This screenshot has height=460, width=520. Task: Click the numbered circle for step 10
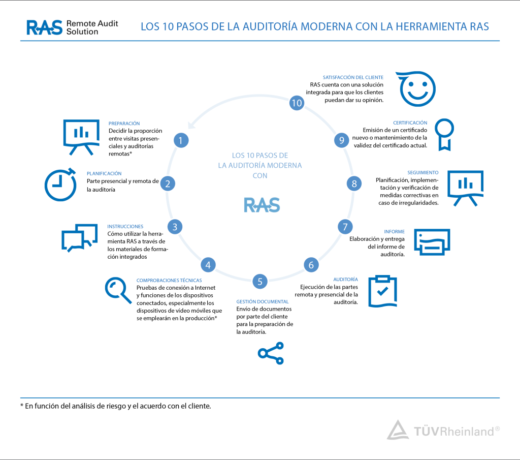pos(297,103)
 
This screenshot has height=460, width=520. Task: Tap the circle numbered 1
pos(181,140)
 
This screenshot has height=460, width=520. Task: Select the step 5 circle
pos(260,282)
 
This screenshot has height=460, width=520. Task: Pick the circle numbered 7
pos(345,227)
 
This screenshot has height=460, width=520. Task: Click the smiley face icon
pos(416,88)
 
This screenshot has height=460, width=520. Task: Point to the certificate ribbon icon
pos(444,134)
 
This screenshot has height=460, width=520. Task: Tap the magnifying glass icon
pos(118,290)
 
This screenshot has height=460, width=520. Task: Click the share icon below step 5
pos(271,353)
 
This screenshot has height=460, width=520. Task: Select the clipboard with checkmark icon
pos(383,291)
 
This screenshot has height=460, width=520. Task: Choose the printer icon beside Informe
pos(432,242)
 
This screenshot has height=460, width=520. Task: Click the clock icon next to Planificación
pos(60,185)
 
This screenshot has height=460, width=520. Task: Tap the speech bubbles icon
pos(80,238)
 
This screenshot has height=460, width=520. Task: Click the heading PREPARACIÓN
pos(124,124)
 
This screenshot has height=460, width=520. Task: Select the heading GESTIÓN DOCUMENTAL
pos(263,302)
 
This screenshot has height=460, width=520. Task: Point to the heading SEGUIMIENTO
pos(423,173)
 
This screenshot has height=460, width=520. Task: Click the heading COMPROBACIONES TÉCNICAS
pos(169,281)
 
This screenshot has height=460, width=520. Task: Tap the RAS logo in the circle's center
pos(262,205)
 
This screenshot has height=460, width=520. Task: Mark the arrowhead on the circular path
pos(191,125)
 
